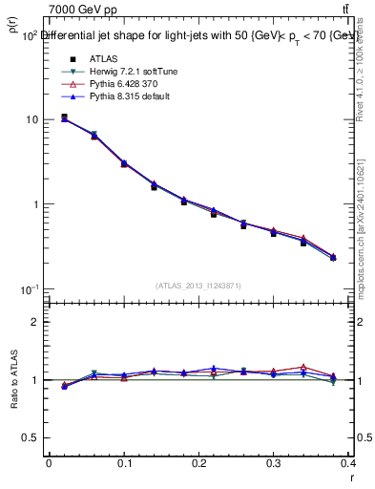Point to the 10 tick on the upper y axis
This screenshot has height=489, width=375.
click(x=32, y=120)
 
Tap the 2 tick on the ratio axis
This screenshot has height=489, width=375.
click(x=35, y=322)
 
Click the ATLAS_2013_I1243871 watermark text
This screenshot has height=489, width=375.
click(x=198, y=286)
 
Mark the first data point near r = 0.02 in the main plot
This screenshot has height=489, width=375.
click(x=64, y=117)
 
